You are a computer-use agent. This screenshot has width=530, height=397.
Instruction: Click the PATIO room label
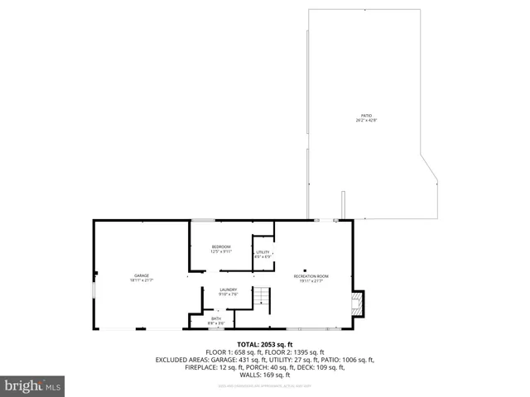coord(365,116)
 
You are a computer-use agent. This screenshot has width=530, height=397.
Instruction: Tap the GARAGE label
coord(142,275)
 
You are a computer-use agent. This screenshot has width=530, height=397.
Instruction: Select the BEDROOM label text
coord(220,247)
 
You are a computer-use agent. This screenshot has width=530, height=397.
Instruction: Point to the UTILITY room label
coord(263,251)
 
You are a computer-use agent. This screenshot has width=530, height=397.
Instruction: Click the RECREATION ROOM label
coord(311,275)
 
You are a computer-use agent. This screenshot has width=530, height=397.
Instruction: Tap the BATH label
coord(216,318)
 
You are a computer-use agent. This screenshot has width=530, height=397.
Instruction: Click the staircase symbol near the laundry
coord(262,296)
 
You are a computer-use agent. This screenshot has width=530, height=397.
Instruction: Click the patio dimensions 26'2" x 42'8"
coord(365,121)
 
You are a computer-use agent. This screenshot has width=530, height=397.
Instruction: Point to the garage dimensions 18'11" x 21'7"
coord(142,281)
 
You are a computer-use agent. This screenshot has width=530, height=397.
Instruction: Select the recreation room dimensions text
coord(311,281)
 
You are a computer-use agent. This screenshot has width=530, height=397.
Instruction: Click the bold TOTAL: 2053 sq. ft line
coord(265,344)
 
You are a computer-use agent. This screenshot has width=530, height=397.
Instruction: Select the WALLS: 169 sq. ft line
coord(265,375)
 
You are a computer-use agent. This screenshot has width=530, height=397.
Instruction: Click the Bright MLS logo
coord(32,386)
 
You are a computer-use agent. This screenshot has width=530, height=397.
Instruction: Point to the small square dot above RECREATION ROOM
coord(305,269)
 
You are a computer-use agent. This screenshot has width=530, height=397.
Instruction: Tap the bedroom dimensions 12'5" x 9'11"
coord(220,252)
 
